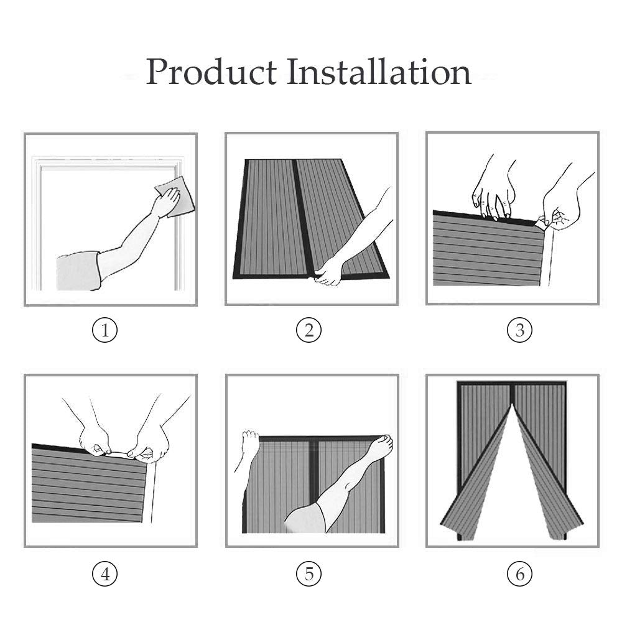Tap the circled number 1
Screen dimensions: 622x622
click(x=105, y=330)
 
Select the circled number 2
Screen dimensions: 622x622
click(x=309, y=330)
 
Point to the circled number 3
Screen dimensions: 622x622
click(x=520, y=330)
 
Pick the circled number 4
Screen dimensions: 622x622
click(x=105, y=573)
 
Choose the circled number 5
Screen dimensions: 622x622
click(x=309, y=573)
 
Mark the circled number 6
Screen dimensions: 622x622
click(x=520, y=573)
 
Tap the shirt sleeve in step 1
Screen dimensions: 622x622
click(x=79, y=271)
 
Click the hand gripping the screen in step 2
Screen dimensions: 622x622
click(x=329, y=272)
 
